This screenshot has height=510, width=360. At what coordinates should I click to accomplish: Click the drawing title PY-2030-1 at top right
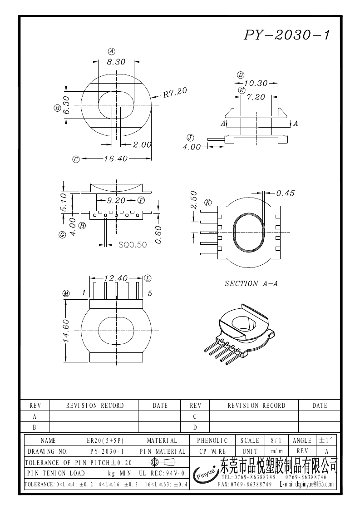pyautogui.click(x=287, y=35)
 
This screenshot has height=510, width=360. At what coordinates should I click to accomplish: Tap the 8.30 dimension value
pyautogui.click(x=116, y=62)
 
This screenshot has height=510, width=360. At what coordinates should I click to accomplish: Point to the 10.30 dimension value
pyautogui.click(x=255, y=83)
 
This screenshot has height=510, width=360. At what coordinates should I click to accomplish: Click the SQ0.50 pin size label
pyautogui.click(x=133, y=245)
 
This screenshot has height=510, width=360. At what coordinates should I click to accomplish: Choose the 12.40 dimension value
pyautogui.click(x=116, y=278)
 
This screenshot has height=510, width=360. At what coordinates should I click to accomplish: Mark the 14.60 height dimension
pyautogui.click(x=65, y=330)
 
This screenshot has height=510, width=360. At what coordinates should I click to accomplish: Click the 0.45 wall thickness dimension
pyautogui.click(x=285, y=193)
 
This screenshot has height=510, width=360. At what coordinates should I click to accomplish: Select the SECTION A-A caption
pyautogui.click(x=251, y=283)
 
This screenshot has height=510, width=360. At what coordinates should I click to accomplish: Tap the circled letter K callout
pyautogui.click(x=208, y=203)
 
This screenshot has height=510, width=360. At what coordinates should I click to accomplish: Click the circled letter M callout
pyautogui.click(x=66, y=294)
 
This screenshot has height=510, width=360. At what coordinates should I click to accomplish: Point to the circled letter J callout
pyautogui.click(x=190, y=138)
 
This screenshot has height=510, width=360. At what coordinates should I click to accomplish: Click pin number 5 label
pyautogui.click(x=150, y=293)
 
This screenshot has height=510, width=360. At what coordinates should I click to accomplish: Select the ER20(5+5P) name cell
pyautogui.click(x=105, y=441)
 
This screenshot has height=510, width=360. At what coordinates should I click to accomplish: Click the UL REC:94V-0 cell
pyautogui.click(x=162, y=473)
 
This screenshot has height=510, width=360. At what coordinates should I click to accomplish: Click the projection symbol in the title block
pyautogui.click(x=162, y=462)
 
